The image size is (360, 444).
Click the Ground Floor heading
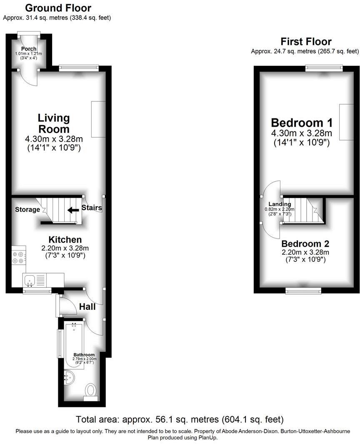[x=58, y=8]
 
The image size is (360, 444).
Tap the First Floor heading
[x=306, y=42]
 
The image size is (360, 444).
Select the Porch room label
[x=29, y=49]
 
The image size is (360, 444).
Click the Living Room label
[x=54, y=123]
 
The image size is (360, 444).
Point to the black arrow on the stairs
[x=73, y=210]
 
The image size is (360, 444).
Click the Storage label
[x=27, y=209]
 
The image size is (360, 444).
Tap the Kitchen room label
[x=65, y=240]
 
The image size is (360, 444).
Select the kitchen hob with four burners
[x=18, y=257]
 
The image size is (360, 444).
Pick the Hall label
[x=87, y=307]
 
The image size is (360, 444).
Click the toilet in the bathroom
[x=90, y=391]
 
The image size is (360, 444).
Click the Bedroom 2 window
[x=303, y=291]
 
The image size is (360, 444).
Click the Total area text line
[x=180, y=419]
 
